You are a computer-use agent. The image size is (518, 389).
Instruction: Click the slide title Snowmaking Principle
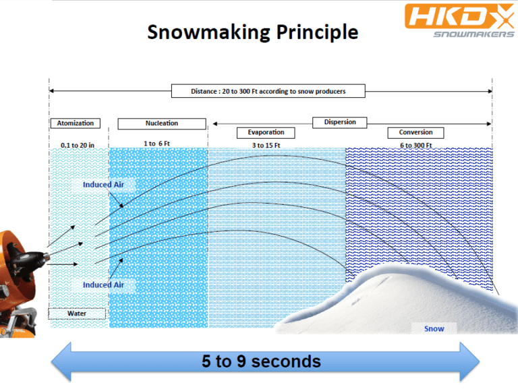click(253, 32)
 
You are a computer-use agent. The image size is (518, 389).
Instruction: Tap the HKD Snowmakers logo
click(459, 20)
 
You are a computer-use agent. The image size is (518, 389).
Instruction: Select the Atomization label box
click(76, 123)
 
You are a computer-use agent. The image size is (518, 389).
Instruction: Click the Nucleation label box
click(162, 123)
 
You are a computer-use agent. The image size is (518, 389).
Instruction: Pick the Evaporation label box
click(266, 133)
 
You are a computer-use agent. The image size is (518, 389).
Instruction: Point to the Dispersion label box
click(340, 122)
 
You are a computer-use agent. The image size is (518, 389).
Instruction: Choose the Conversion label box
click(415, 133)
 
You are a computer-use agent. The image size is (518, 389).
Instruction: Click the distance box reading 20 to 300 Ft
click(268, 91)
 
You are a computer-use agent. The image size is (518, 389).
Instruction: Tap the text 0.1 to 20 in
click(78, 146)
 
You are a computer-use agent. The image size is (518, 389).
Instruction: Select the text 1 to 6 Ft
click(156, 144)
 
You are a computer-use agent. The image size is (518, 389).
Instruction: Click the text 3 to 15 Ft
click(266, 146)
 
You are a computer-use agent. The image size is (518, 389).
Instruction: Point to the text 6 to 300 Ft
click(416, 146)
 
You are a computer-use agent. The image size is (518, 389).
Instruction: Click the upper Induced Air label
click(103, 185)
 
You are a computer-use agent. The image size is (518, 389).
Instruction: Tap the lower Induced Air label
click(103, 285)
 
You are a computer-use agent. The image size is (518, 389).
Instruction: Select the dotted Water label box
click(77, 313)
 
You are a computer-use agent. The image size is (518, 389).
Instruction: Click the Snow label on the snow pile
click(434, 329)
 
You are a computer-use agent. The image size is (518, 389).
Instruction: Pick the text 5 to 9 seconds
click(261, 361)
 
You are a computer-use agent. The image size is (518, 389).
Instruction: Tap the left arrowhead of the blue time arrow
click(61, 362)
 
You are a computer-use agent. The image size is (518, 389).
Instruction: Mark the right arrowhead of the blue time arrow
click(469, 362)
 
